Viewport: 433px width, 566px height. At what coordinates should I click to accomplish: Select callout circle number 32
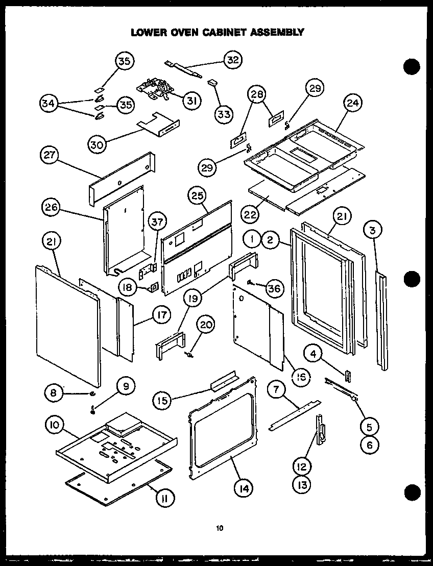pyautogui.click(x=232, y=60)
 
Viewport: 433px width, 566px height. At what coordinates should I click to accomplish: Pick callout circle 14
pyautogui.click(x=244, y=488)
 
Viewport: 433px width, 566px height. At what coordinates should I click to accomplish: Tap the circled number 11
pyautogui.click(x=166, y=497)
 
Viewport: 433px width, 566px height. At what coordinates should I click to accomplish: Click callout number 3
pyautogui.click(x=374, y=230)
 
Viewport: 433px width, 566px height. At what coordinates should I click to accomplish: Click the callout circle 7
pyautogui.click(x=277, y=390)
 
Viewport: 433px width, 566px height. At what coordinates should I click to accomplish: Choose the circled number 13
pyautogui.click(x=302, y=484)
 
